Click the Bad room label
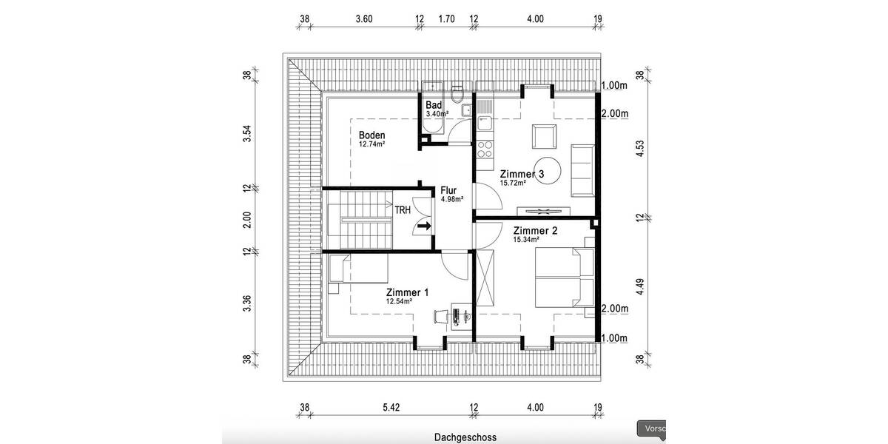[434, 105]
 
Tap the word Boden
[371, 135]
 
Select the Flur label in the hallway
[448, 189]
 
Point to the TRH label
[403, 210]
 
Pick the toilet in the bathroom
[458, 95]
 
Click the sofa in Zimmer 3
[583, 171]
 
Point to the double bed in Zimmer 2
[564, 277]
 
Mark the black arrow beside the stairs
[425, 226]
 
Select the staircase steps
[360, 221]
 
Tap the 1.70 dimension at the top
[446, 19]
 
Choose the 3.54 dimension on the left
[248, 132]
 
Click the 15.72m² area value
[513, 182]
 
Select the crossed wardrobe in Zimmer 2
[485, 277]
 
